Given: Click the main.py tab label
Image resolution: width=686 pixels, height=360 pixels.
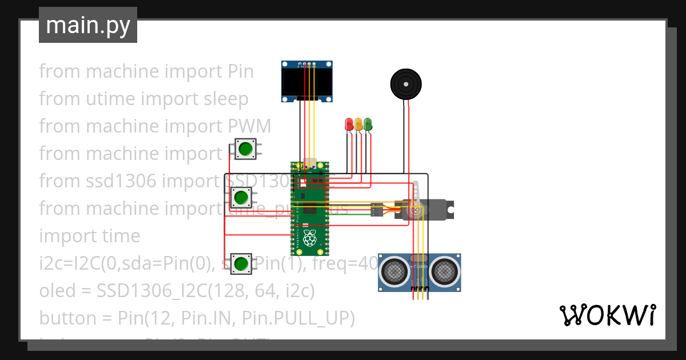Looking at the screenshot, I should (87, 25).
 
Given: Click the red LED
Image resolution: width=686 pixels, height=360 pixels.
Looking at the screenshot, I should (349, 123).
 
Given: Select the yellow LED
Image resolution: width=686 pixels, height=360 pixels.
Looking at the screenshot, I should (358, 123).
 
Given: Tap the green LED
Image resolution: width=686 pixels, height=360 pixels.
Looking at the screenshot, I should (368, 123).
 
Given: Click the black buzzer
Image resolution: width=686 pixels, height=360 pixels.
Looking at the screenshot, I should (406, 84).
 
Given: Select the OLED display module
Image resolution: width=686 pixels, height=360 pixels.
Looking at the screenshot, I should (307, 82).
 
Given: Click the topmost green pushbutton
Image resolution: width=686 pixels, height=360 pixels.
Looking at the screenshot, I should (246, 149).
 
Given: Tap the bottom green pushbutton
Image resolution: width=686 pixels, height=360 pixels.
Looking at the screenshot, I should (241, 263).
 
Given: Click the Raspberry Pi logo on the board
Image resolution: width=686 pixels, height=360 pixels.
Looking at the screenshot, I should (310, 238).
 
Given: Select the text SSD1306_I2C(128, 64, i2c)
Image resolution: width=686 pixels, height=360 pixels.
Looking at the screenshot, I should (205, 290).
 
